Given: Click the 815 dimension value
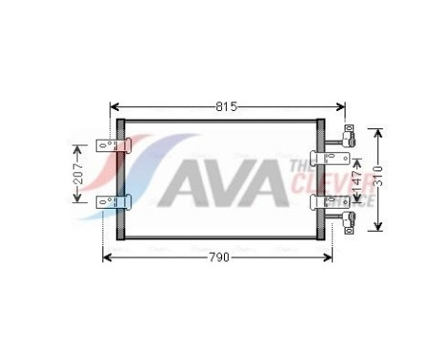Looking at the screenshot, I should pos(224,107).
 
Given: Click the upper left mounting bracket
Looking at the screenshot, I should pos(113,146).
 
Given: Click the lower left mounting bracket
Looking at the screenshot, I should pos(113,201).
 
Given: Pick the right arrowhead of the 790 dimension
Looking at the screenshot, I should pos(329,259).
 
